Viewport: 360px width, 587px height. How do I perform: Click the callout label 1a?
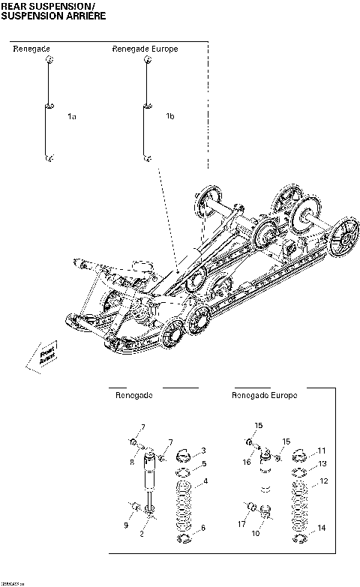click(x=72, y=116)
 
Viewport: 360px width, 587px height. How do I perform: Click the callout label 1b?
click(x=170, y=116)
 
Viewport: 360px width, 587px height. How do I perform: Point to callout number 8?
click(x=132, y=463)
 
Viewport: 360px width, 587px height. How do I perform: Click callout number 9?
click(x=126, y=526)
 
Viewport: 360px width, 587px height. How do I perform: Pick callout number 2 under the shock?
click(x=152, y=534)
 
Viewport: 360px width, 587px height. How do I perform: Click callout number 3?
click(x=204, y=450)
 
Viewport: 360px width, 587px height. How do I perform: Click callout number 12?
click(x=323, y=481)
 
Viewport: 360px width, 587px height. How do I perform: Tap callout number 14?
click(x=322, y=529)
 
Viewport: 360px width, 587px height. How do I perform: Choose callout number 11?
click(x=322, y=451)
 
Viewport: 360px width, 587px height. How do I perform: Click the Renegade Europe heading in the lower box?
click(x=264, y=395)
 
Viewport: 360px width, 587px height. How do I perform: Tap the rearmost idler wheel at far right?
click(x=345, y=241)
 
